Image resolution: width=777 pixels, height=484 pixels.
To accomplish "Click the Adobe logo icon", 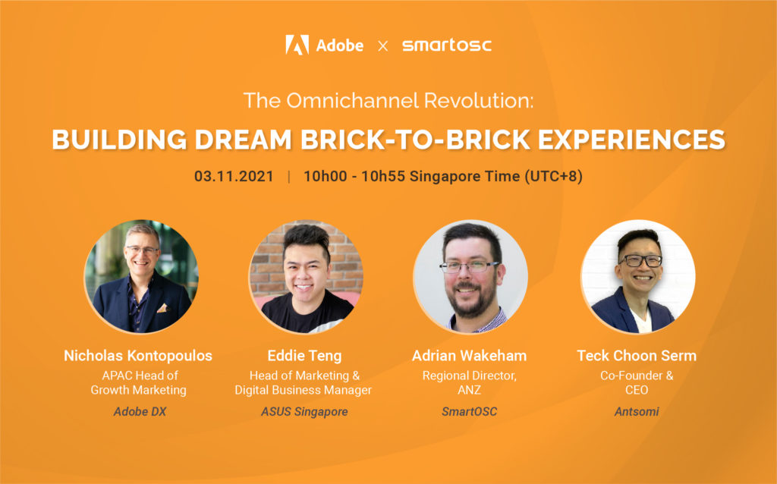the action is click(x=297, y=45).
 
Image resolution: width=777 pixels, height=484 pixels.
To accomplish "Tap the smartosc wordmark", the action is click(x=446, y=45).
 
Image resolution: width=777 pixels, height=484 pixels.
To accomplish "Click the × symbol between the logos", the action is click(x=382, y=46).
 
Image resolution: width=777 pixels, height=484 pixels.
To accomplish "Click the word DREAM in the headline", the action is click(x=243, y=139).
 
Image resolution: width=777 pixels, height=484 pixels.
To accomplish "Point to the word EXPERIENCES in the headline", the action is click(x=631, y=139).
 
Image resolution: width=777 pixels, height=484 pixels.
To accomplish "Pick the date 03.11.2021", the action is click(x=234, y=176).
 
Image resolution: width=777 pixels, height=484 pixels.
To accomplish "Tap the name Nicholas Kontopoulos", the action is click(x=138, y=356).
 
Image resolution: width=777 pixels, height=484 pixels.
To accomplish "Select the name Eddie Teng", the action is click(x=304, y=356).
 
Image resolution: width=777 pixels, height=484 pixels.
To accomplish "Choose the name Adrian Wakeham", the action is click(x=469, y=356).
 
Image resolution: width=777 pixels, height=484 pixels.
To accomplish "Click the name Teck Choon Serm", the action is click(x=637, y=356).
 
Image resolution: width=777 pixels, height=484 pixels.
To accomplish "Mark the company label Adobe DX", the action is click(x=140, y=412).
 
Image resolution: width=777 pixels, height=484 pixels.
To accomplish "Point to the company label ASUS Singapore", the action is click(x=304, y=412).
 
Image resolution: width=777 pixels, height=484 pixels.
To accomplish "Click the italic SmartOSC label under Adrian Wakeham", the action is click(x=469, y=412).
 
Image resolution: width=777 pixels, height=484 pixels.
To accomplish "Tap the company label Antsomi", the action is click(x=637, y=412).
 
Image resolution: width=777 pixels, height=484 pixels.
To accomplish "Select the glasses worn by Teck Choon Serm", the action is click(x=640, y=260).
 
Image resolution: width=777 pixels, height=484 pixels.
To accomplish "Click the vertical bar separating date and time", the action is click(x=289, y=177).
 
